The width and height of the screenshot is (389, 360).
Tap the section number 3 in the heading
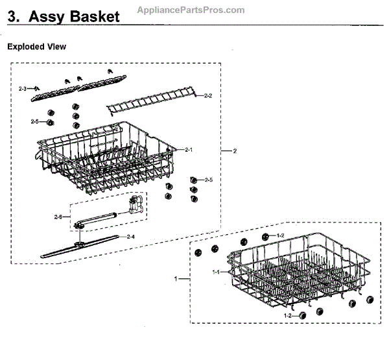click(12, 18)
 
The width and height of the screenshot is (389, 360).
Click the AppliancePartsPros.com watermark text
click(191, 10)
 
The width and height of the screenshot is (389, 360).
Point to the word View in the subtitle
click(56, 47)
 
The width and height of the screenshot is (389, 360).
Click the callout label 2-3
click(23, 88)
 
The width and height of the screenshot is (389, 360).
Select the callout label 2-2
click(207, 96)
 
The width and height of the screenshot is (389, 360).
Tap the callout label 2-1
click(189, 150)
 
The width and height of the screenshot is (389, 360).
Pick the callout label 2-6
click(58, 216)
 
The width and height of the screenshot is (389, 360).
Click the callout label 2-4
click(130, 235)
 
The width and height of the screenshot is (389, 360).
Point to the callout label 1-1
click(217, 273)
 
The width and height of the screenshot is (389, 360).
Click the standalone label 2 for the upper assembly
click(235, 150)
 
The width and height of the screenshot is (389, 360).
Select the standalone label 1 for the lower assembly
click(175, 278)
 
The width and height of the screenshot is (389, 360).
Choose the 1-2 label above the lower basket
click(280, 235)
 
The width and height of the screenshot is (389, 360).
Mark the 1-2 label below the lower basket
click(287, 315)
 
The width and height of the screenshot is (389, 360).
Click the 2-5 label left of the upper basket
click(34, 121)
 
